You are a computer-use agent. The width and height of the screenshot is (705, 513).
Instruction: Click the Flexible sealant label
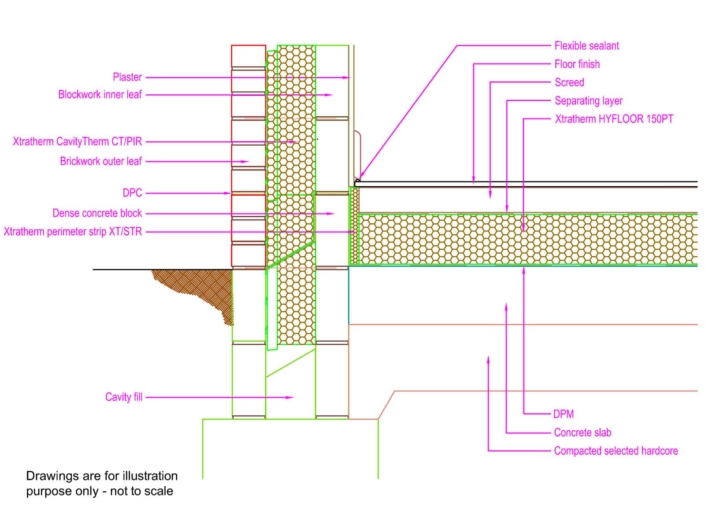(586, 46)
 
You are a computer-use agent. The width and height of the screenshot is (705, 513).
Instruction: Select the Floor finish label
(577, 64)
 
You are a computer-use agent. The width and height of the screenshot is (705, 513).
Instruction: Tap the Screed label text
(569, 82)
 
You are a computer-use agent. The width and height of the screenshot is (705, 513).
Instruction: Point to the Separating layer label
(588, 101)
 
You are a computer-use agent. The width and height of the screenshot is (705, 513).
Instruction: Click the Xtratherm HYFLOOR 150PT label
(614, 119)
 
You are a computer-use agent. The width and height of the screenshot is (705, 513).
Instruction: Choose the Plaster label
(127, 77)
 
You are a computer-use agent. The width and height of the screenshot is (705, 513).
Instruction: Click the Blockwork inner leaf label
(100, 95)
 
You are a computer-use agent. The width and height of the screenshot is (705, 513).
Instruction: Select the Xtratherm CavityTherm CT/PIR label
(78, 141)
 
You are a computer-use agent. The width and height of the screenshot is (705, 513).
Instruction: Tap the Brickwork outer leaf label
(101, 161)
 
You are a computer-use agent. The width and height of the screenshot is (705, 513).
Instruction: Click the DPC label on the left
(132, 193)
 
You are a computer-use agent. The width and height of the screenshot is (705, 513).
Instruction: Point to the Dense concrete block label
(97, 213)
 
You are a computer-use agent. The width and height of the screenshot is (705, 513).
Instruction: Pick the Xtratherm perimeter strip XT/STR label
(73, 232)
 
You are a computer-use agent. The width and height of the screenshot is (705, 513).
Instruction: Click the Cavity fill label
(124, 397)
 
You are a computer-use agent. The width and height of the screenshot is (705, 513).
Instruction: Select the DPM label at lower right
(564, 414)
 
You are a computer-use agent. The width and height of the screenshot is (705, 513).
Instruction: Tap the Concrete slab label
(583, 432)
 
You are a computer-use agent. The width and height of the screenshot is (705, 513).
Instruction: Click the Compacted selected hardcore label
(616, 451)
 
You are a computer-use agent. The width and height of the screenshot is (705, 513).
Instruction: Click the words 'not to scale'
(141, 491)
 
